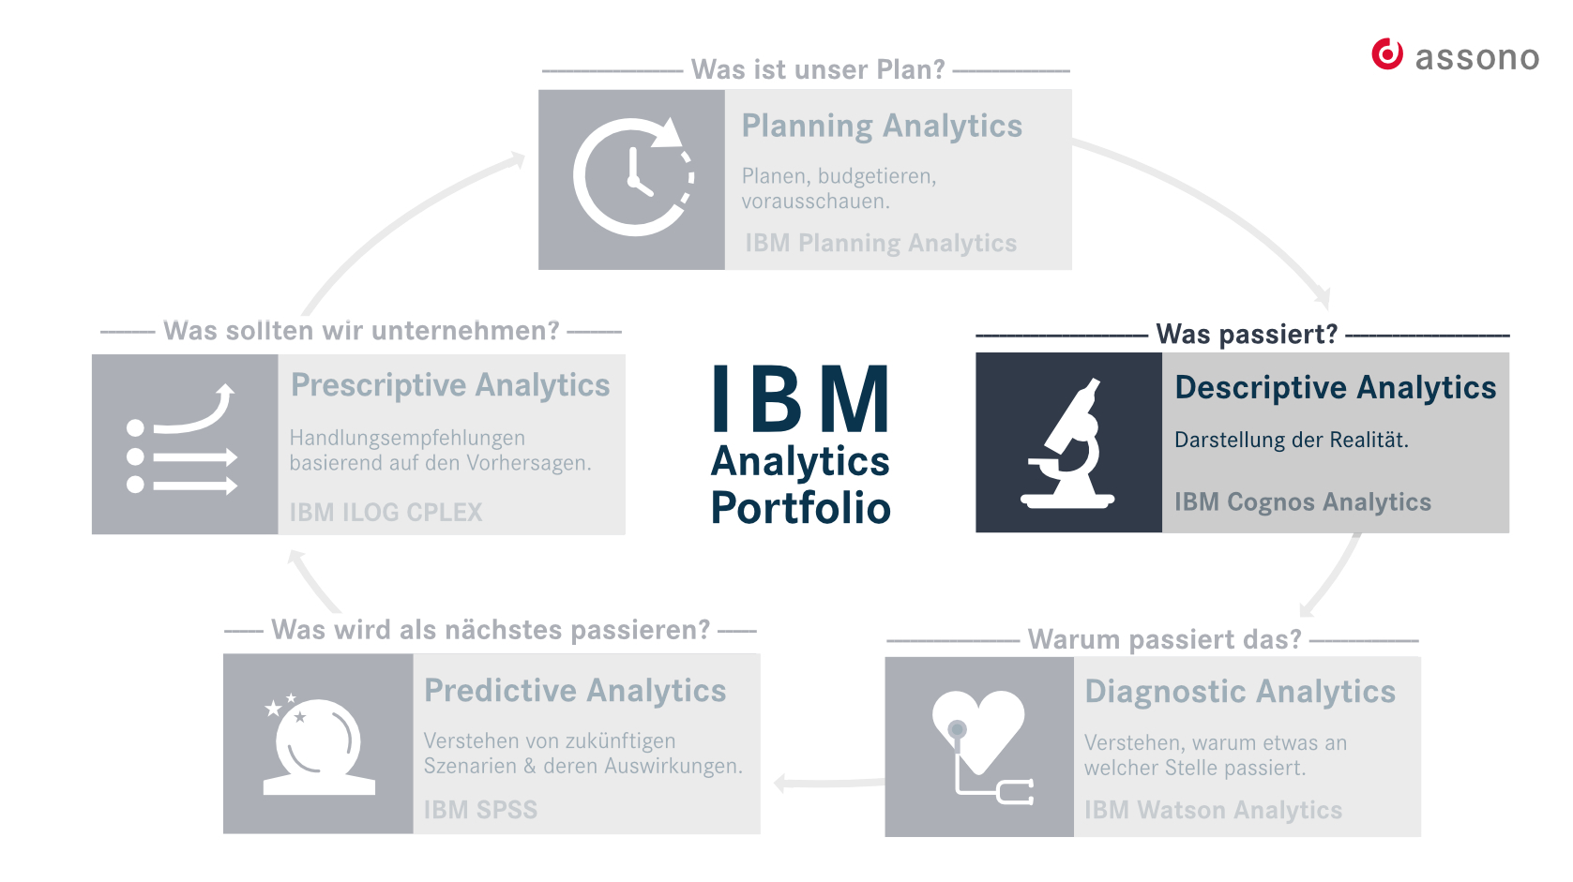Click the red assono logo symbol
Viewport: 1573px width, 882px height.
(x=1387, y=54)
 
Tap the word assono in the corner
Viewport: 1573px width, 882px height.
(x=1476, y=57)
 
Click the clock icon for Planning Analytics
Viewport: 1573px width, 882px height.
(x=634, y=175)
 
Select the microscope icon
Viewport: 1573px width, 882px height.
(x=1067, y=443)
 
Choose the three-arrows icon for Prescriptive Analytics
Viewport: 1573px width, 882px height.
(x=182, y=440)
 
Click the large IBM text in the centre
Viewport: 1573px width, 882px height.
(x=800, y=397)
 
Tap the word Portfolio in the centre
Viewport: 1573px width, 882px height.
(x=800, y=507)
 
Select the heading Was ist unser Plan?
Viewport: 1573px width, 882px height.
(x=818, y=69)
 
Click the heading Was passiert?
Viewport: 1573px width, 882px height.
(x=1247, y=334)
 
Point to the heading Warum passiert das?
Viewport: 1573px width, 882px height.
(x=1164, y=639)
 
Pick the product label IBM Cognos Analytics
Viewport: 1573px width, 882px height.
(x=1303, y=501)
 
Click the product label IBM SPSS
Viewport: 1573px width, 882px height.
(x=480, y=810)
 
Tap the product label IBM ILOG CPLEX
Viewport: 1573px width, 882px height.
(x=386, y=512)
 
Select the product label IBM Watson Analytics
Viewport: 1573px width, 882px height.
(x=1213, y=810)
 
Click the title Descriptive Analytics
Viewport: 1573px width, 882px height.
(x=1336, y=387)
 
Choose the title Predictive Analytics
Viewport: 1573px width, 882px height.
(x=575, y=691)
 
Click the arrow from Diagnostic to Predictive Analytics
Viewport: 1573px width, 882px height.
(x=828, y=783)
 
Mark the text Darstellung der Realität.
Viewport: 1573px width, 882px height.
(x=1292, y=440)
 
